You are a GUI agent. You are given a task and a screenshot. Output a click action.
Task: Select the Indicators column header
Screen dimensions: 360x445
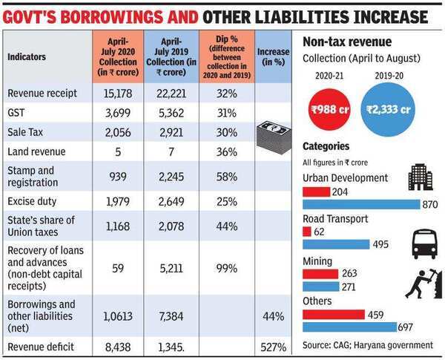27,56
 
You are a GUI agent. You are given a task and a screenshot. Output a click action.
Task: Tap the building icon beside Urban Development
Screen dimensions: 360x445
420,177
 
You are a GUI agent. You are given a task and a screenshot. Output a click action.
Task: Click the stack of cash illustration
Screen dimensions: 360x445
274,134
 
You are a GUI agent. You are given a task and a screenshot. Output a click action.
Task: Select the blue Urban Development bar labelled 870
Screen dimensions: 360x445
356,203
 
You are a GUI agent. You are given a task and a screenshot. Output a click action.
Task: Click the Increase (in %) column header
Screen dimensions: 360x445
274,56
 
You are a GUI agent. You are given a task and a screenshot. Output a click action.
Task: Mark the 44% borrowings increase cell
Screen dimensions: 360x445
274,316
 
